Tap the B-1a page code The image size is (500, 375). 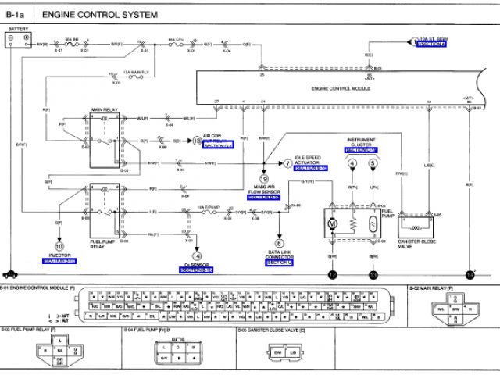(16, 15)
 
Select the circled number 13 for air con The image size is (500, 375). (197, 141)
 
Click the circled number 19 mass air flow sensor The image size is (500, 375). (262, 179)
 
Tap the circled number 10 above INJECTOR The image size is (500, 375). (59, 246)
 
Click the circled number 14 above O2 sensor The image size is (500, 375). (196, 255)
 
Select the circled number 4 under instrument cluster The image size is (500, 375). (352, 163)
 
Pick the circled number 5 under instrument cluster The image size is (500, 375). (373, 163)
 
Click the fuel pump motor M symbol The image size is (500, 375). (332, 224)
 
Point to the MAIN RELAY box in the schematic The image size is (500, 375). (104, 141)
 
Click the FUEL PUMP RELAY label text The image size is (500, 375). (105, 245)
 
